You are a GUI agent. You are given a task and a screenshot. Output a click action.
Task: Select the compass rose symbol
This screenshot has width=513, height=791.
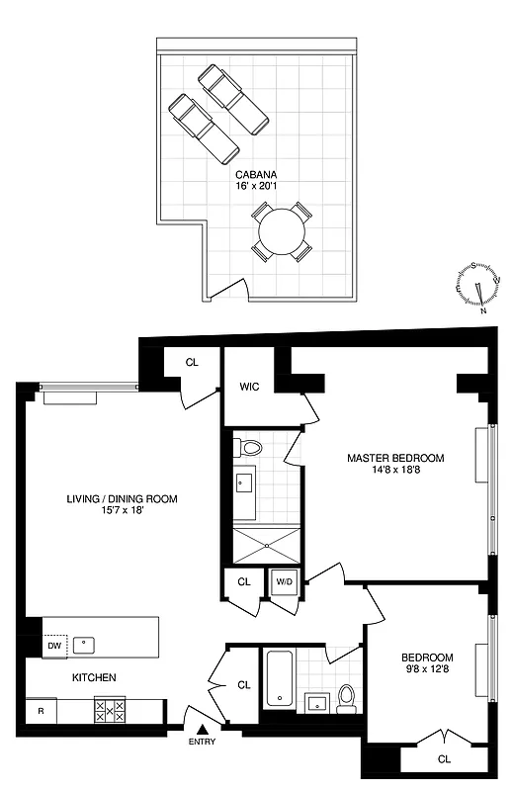click(x=476, y=287)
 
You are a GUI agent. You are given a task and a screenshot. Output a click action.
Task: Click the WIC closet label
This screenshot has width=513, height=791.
click(x=250, y=387)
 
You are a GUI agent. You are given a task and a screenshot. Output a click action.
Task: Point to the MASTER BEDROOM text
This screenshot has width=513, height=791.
click(x=395, y=458)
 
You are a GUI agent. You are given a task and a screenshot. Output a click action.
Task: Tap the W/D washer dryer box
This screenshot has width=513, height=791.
click(x=283, y=581)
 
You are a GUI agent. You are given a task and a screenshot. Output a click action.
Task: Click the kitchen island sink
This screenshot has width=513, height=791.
click(x=87, y=643)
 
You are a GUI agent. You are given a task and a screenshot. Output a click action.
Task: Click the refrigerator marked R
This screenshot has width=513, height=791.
click(x=41, y=710)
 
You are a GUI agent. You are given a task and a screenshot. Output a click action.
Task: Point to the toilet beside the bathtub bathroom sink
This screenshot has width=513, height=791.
click(x=346, y=698)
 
